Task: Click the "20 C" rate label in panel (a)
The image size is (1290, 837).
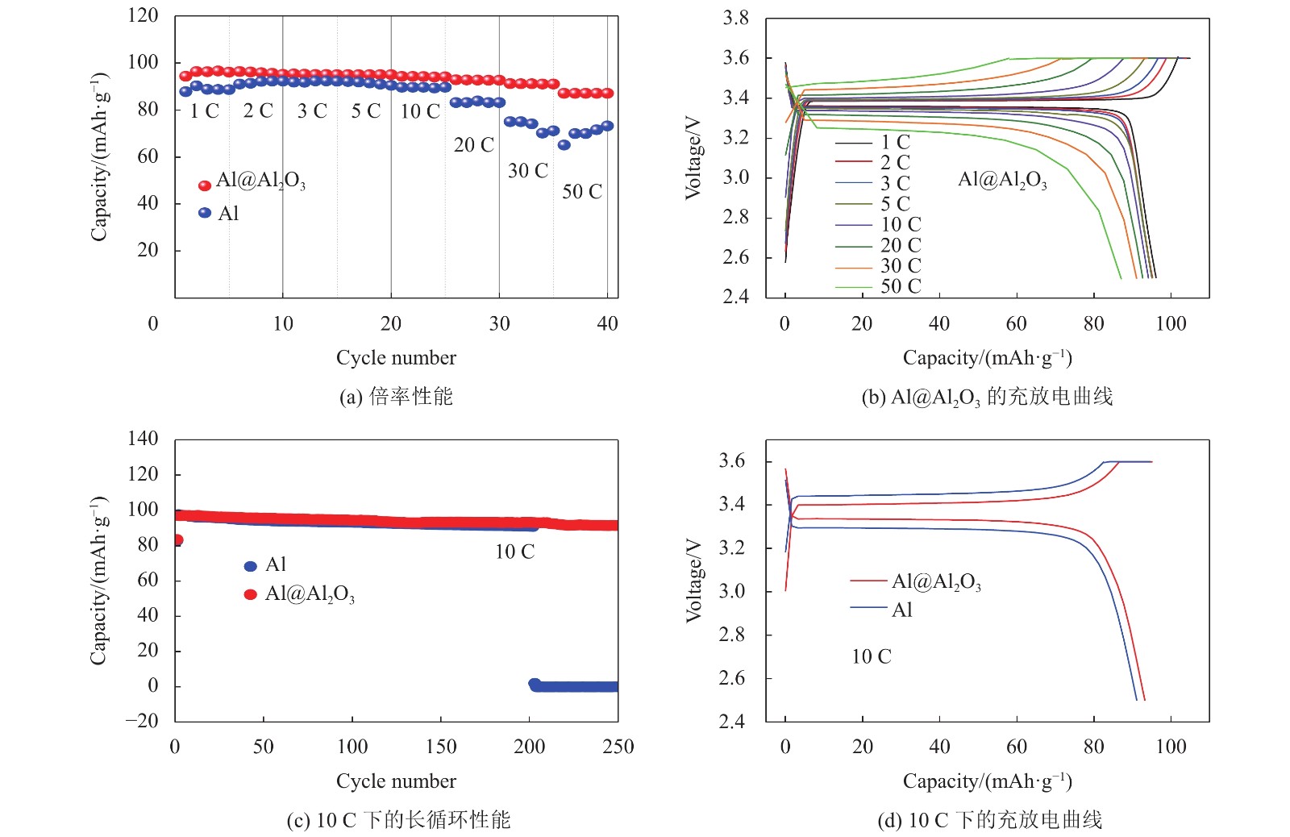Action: coord(473,145)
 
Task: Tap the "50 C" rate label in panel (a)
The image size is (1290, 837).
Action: coord(581,192)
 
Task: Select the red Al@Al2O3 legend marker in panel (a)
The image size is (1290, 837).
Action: coord(205,185)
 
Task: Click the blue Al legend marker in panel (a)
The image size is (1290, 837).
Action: coord(205,213)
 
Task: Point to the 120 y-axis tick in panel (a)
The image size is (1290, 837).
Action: coord(144,15)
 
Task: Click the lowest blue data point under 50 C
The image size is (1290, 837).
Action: coord(564,145)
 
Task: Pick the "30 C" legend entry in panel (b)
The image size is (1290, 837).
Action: coord(900,265)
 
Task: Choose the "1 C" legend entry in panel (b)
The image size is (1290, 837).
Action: coord(895,142)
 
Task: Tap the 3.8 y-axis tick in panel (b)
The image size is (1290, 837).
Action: coord(735,18)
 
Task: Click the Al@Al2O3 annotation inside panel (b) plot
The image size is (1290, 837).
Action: coord(1002,180)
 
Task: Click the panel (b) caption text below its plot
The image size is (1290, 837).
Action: coord(987,397)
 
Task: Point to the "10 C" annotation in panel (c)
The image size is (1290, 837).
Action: coord(514,552)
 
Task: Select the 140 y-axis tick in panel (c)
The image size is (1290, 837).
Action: coord(144,439)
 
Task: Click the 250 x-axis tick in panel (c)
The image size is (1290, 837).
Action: coord(618,747)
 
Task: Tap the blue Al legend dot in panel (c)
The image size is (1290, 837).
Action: coord(251,566)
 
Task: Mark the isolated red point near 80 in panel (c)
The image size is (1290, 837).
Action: coord(177,540)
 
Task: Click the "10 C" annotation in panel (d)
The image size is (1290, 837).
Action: coord(872,657)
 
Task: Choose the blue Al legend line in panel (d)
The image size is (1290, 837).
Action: coord(868,607)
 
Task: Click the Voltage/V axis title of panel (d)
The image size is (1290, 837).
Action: coord(693,581)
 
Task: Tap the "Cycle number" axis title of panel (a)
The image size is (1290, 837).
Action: coord(396,358)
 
